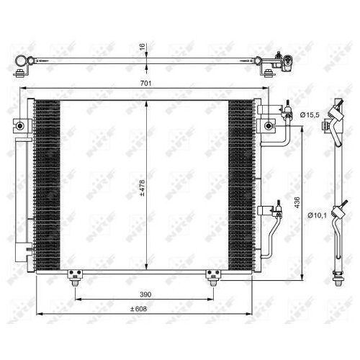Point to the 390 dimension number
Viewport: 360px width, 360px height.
pyautogui.click(x=145, y=294)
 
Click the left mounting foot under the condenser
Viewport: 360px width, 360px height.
pyautogui.click(x=73, y=275)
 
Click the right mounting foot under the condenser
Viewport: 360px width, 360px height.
pyautogui.click(x=212, y=275)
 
